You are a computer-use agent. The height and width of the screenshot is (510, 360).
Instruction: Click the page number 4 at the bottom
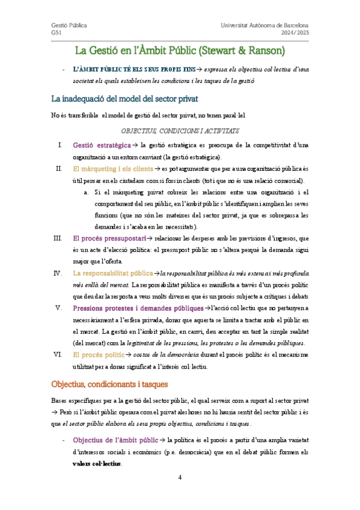pos(180,478)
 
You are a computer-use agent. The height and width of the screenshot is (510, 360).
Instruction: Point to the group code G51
pos(56,34)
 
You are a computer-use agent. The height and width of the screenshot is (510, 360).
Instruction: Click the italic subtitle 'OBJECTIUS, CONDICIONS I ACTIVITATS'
pos(180,130)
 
